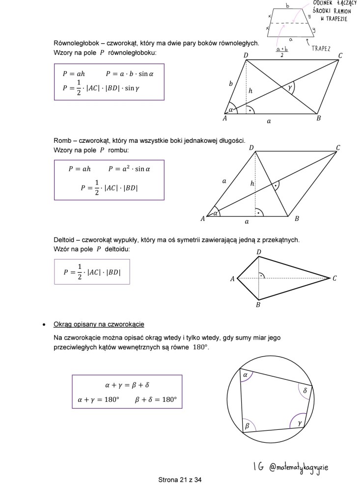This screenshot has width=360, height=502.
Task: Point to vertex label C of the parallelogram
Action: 340,55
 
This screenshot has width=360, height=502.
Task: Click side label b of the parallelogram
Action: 231,84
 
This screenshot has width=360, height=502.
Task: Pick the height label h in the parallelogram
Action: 250,91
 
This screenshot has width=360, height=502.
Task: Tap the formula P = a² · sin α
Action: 129,169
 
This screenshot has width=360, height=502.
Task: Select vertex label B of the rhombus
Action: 297,219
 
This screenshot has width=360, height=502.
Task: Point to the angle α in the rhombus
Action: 215,213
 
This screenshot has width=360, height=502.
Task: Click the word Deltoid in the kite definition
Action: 64,240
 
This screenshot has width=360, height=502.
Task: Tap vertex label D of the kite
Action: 259,252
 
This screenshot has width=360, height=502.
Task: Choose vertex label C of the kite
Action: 334,279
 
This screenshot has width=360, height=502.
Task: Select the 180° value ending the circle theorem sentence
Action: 200,347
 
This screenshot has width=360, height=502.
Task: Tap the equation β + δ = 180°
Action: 155,399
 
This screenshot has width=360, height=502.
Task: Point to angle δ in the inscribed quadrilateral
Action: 305,391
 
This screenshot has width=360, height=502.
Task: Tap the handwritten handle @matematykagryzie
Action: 299,467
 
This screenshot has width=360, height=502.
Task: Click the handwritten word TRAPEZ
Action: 321,49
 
